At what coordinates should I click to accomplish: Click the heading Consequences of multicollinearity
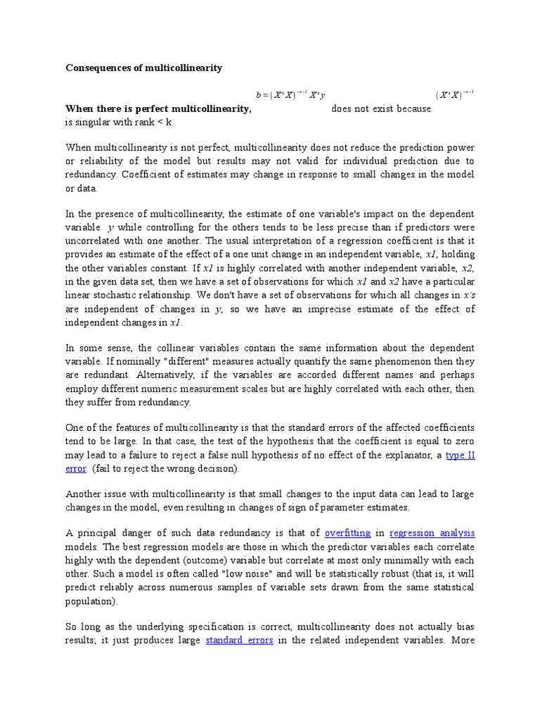pyautogui.click(x=143, y=68)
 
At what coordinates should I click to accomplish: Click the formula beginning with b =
pyautogui.click(x=290, y=94)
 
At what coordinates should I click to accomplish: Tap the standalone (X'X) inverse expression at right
pyautogui.click(x=455, y=94)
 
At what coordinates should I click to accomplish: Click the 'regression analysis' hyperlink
pyautogui.click(x=432, y=533)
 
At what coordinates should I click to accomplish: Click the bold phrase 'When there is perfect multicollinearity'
pyautogui.click(x=158, y=109)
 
